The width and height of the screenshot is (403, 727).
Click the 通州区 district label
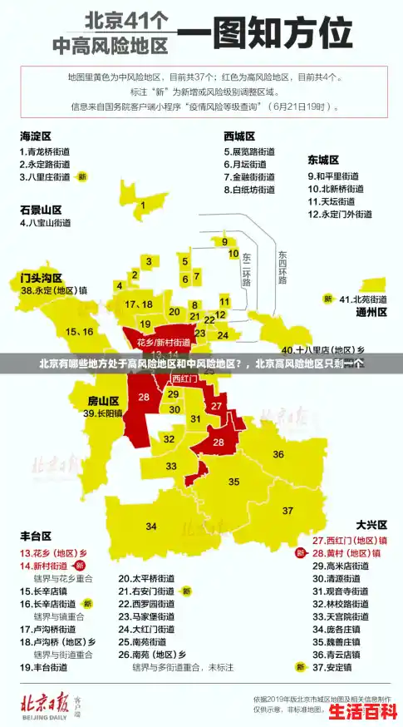click(x=371, y=312)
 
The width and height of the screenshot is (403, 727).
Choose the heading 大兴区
click(x=371, y=525)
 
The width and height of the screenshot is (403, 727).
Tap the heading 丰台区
click(x=36, y=535)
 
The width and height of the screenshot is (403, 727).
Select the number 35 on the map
click(x=234, y=481)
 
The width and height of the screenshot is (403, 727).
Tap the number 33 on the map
click(x=171, y=466)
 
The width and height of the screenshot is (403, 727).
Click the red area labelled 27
click(x=216, y=406)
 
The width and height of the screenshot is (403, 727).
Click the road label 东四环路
click(x=283, y=266)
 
